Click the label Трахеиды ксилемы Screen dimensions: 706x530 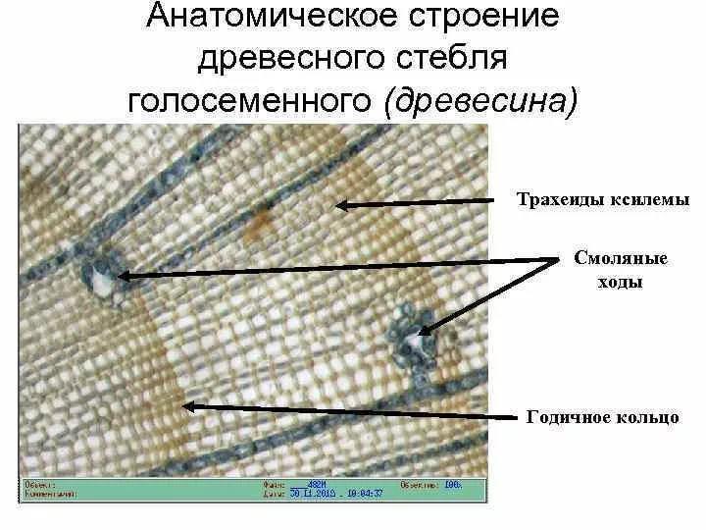[x=603, y=199]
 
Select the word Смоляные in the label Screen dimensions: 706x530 [x=621, y=259]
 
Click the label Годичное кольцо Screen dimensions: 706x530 [x=602, y=417]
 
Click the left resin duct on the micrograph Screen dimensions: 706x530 [x=102, y=277]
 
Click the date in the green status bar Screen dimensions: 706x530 [x=314, y=494]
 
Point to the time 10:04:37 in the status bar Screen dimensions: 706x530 [x=372, y=494]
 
